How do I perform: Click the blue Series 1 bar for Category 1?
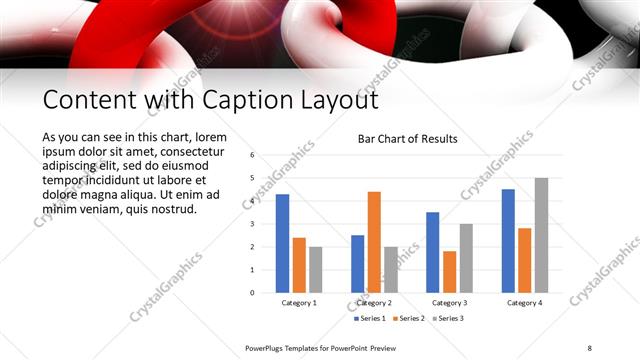[282, 243]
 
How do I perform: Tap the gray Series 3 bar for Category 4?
[541, 235]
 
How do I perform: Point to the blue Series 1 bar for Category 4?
[508, 241]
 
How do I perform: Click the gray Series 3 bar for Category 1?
[315, 269]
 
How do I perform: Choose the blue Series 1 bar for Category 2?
[357, 264]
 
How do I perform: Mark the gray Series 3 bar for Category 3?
[466, 258]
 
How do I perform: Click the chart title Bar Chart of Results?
[407, 139]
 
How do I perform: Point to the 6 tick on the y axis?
[252, 155]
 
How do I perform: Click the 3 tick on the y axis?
[252, 224]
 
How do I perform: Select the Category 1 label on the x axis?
[299, 302]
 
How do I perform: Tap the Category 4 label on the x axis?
[524, 302]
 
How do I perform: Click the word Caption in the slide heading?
[220, 100]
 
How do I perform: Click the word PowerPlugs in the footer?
[267, 347]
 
